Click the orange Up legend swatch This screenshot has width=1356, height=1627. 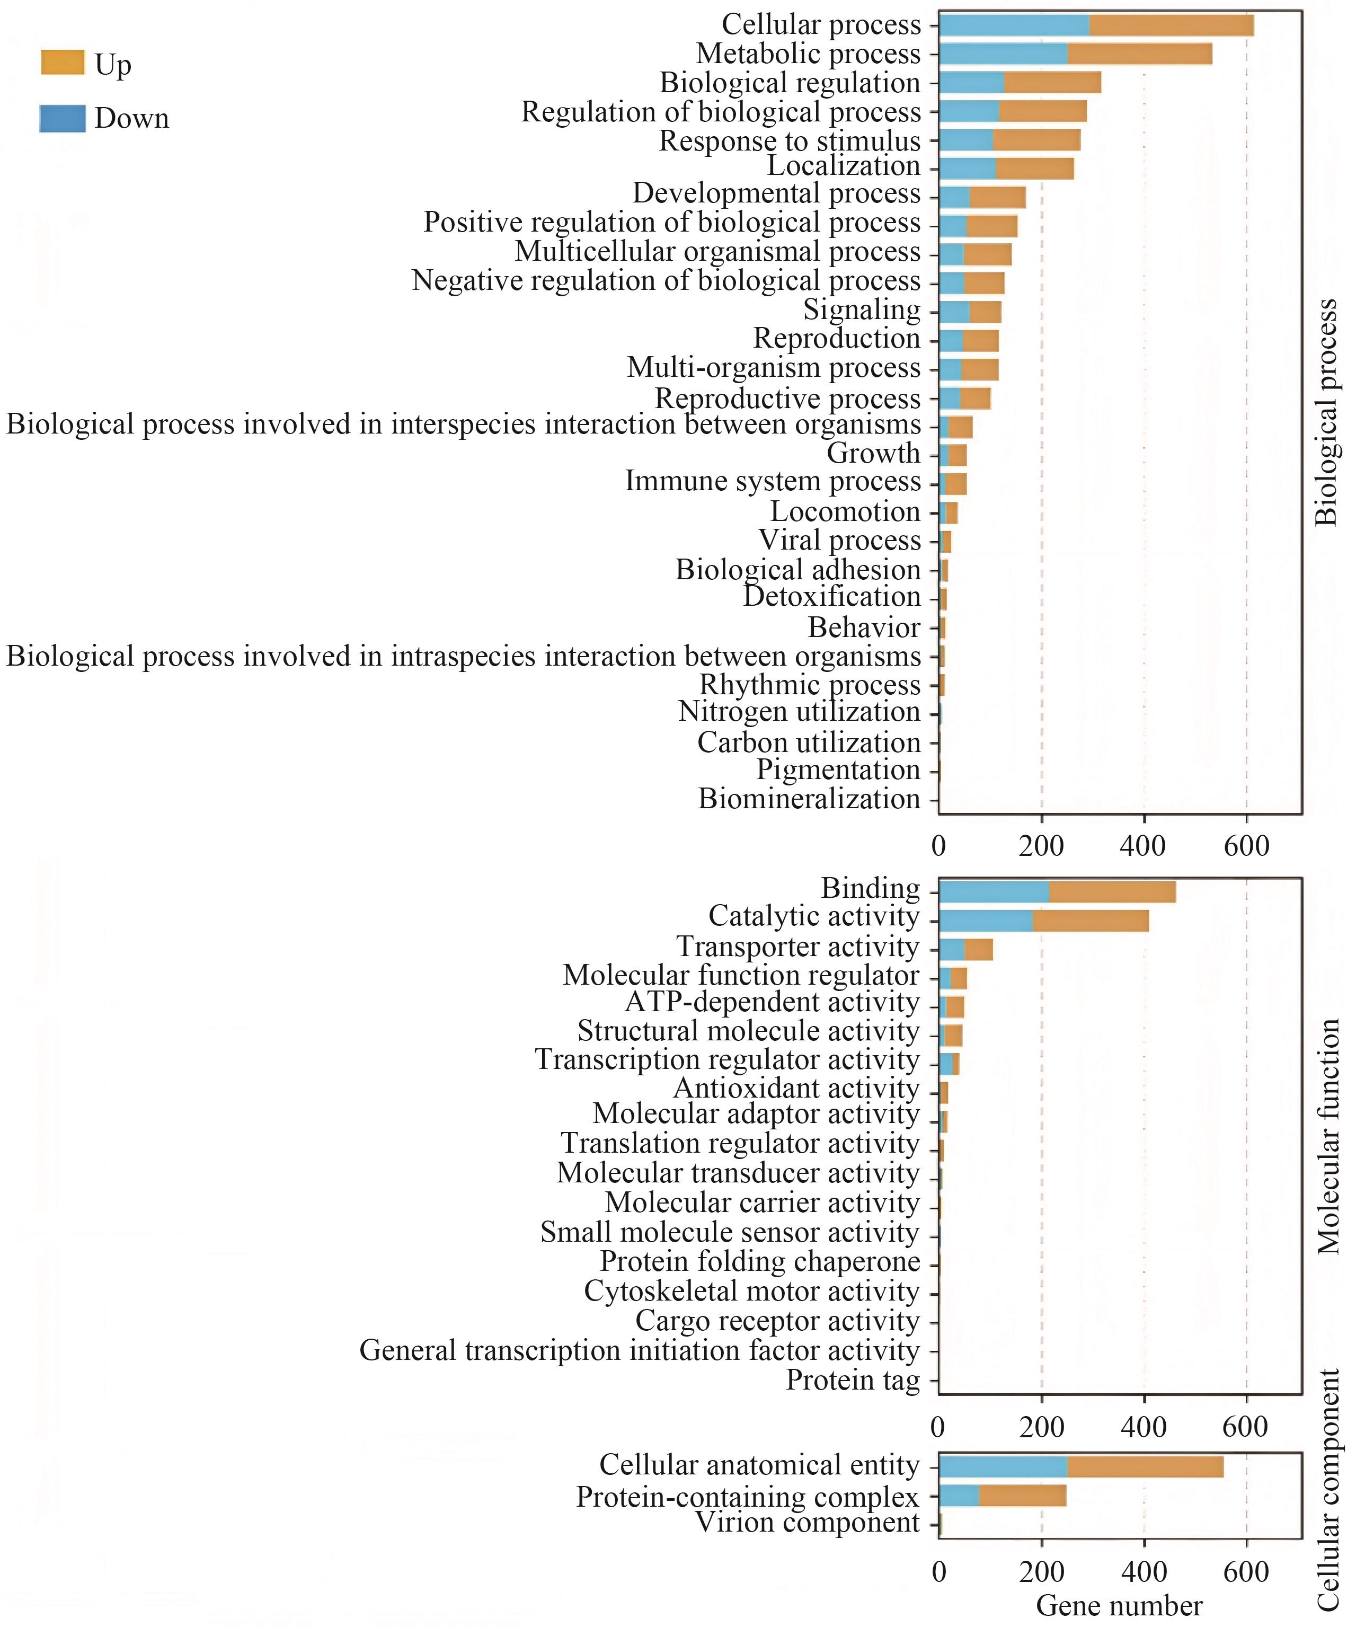62,63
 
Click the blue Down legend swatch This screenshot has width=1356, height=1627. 62,119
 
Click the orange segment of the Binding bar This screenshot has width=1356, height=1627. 1112,892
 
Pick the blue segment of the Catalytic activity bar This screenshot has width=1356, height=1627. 986,921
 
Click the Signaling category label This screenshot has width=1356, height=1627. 862,310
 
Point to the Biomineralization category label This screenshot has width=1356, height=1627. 809,799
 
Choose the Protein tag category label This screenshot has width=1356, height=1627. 853,1380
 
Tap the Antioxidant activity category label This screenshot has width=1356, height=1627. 796,1089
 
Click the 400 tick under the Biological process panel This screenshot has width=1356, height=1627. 1143,845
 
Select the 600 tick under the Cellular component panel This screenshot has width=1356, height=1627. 1246,1572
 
